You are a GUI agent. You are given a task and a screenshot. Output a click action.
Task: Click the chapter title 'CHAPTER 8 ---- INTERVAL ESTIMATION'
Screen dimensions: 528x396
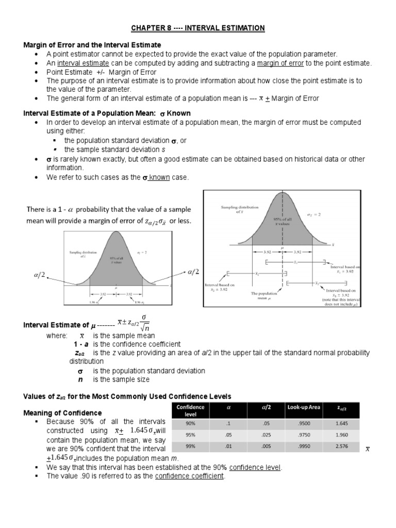point(198,28)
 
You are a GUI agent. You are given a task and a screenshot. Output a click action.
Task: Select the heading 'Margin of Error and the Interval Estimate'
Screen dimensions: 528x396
point(92,45)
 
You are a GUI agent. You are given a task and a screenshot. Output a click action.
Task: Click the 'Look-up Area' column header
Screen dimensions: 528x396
point(304,408)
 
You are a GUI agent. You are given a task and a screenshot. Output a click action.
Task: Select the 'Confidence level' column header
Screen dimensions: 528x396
point(190,411)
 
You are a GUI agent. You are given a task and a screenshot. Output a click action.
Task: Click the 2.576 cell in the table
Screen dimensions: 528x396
point(342,446)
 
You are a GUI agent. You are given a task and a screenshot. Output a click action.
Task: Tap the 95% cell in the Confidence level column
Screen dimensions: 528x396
point(190,435)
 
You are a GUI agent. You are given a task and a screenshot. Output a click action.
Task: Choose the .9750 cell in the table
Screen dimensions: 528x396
point(304,435)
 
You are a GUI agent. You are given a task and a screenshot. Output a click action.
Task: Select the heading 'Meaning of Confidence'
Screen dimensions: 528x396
point(63,413)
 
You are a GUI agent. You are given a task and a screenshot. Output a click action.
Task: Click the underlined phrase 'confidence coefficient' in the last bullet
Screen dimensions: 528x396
point(189,476)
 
